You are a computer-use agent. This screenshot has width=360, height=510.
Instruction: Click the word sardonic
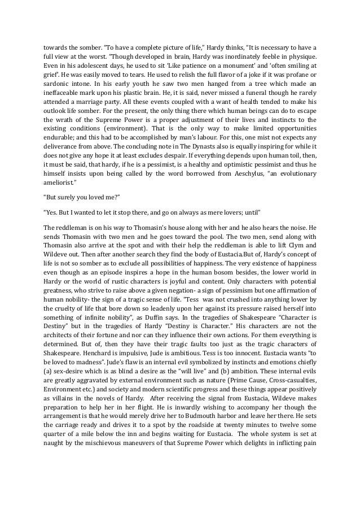pyautogui.click(x=59, y=78)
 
